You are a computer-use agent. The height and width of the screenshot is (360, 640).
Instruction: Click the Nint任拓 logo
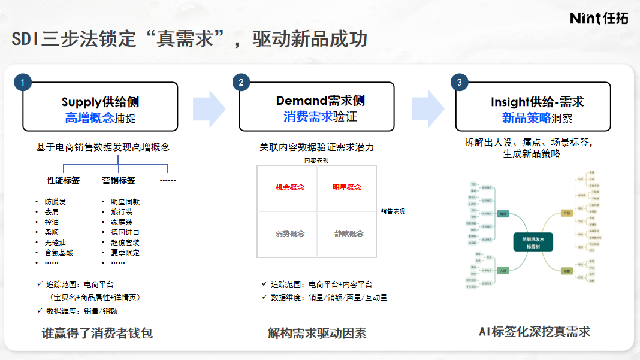coord(599,18)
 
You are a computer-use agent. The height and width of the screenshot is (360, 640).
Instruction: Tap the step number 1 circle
coord(22,83)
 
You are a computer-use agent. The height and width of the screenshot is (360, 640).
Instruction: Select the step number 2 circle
coord(241,83)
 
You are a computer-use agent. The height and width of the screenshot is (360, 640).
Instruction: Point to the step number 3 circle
coord(459,83)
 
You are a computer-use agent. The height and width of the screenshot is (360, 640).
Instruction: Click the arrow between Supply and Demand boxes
coord(209,108)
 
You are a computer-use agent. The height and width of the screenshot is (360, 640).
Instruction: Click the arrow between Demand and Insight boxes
coord(427,108)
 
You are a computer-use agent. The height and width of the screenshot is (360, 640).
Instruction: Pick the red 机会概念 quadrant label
coord(290,187)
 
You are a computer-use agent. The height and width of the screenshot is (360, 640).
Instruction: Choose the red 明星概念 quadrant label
coord(347,187)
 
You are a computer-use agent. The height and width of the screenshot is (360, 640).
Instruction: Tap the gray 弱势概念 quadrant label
coord(290,234)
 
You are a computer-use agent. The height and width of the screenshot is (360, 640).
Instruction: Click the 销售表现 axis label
coord(393,211)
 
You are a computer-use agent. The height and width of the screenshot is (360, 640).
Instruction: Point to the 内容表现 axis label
coord(316,161)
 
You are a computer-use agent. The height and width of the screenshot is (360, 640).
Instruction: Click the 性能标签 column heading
coord(64,180)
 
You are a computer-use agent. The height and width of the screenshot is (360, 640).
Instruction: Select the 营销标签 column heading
coord(119,180)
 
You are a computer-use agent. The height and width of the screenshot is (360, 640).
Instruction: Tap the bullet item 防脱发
coord(56,202)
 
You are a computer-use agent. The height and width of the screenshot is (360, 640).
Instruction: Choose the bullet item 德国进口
coord(125,232)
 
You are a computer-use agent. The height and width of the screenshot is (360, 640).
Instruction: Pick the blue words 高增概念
coord(89,118)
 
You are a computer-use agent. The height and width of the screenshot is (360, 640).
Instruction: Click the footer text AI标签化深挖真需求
coord(535,332)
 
